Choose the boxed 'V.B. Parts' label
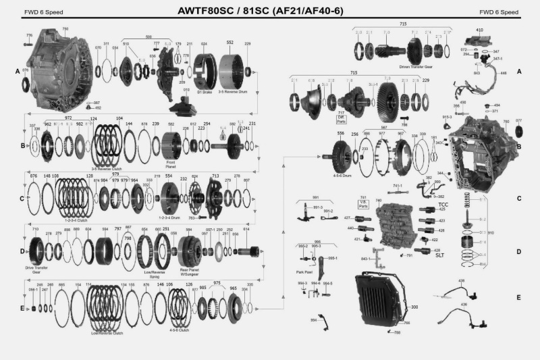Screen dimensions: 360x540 point(362,201)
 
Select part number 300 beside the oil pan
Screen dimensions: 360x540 point(414,307)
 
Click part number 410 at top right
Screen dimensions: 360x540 point(479,30)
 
